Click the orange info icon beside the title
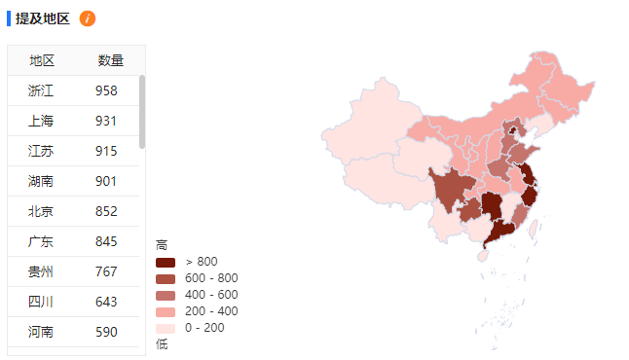tap(88, 18)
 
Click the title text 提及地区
tap(42, 18)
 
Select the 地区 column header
tap(42, 60)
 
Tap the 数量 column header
tap(111, 60)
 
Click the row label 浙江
tap(41, 90)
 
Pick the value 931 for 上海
tap(106, 121)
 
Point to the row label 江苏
tap(41, 151)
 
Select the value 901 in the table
tap(106, 181)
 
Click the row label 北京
tap(41, 211)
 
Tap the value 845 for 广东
tap(106, 241)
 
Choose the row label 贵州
tap(41, 271)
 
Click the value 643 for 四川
tap(106, 302)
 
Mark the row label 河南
tap(41, 332)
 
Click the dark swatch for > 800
tap(165, 262)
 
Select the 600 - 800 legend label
tap(211, 278)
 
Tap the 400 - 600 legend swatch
tap(165, 295)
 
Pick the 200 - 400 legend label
tap(211, 311)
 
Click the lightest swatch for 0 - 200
tap(165, 328)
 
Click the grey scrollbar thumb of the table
tap(142, 112)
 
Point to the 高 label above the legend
tap(162, 245)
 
